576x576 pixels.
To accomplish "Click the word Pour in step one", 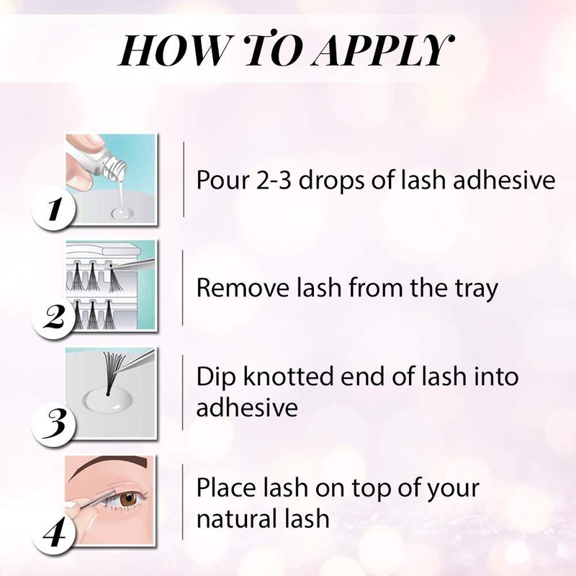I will click(x=220, y=180).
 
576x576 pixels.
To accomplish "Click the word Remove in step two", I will click(x=234, y=289).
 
